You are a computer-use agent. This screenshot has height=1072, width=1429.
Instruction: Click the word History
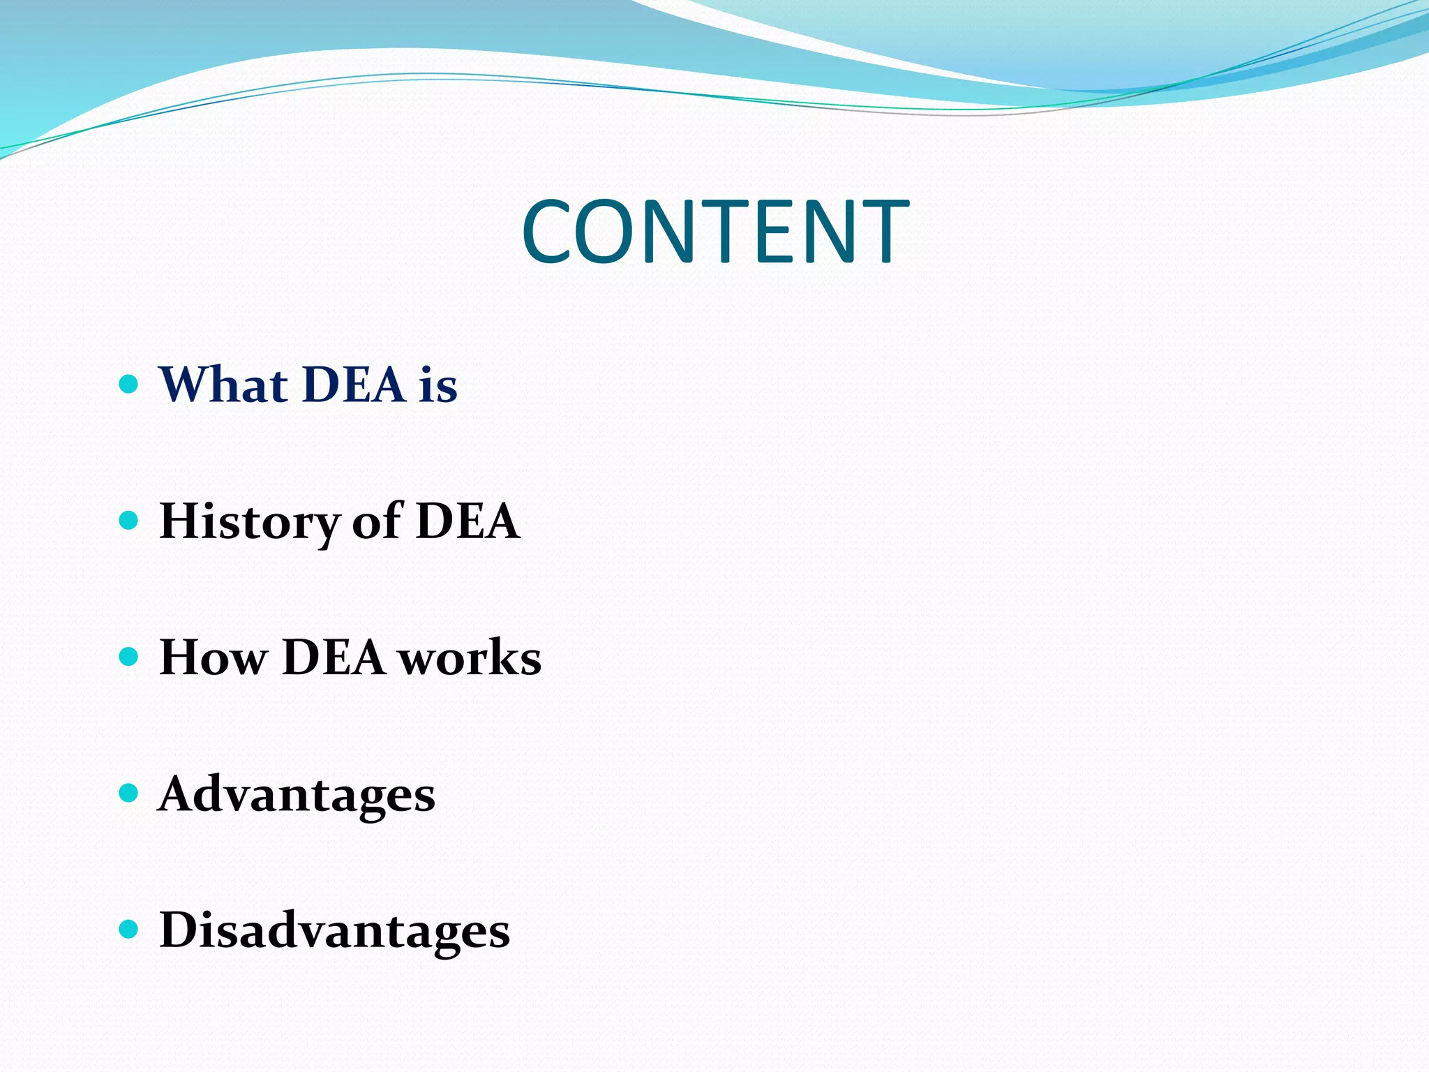tap(249, 522)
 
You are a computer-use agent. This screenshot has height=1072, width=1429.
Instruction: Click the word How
tap(214, 657)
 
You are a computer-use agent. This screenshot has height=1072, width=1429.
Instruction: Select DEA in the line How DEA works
tap(334, 657)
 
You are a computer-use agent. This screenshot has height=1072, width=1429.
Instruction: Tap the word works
tap(470, 657)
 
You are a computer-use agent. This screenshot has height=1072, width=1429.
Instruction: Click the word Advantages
tap(297, 795)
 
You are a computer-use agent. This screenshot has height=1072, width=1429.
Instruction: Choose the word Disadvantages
tap(335, 930)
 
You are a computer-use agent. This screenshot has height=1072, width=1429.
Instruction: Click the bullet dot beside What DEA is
tap(129, 384)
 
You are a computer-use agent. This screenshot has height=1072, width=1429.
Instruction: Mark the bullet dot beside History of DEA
tap(129, 521)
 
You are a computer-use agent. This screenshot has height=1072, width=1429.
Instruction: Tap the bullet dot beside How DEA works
tap(129, 657)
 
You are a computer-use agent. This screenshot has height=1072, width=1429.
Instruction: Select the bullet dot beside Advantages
tap(129, 794)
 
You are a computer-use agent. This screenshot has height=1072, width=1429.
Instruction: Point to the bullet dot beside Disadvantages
tap(129, 930)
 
